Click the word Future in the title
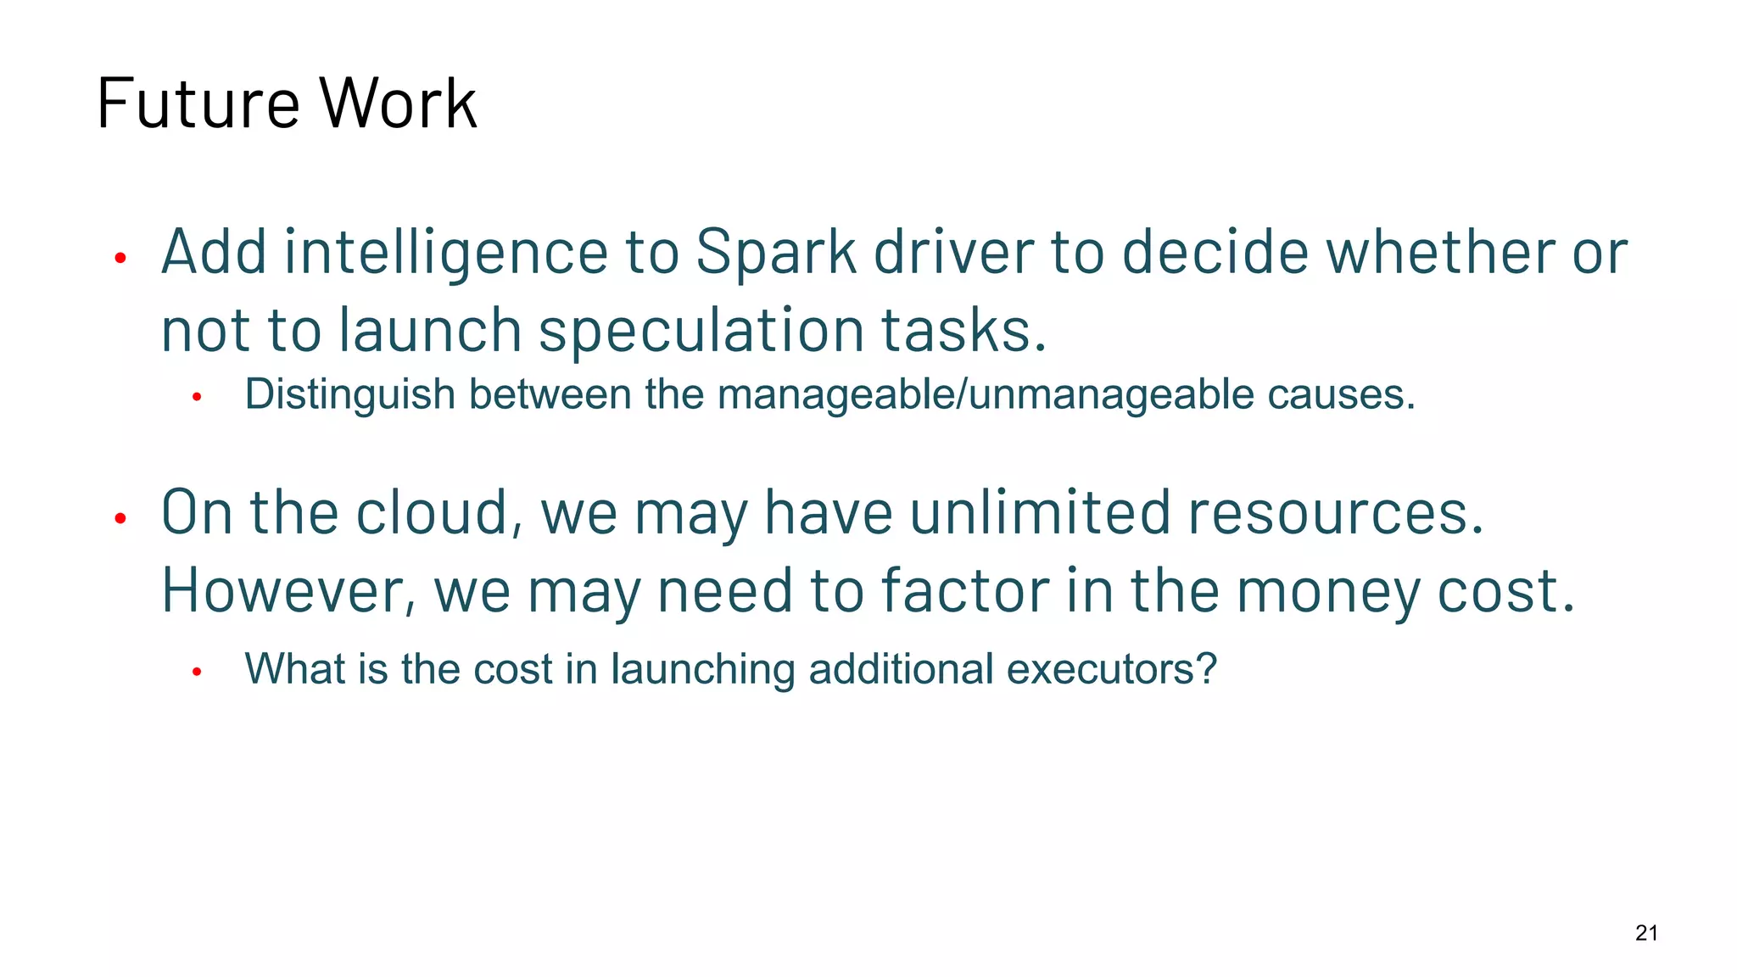[198, 103]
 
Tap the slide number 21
[1646, 933]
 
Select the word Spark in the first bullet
[775, 253]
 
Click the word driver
[953, 253]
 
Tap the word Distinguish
[350, 395]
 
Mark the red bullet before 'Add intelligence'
[120, 257]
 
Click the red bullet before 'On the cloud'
[120, 518]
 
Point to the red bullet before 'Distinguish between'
[197, 397]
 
